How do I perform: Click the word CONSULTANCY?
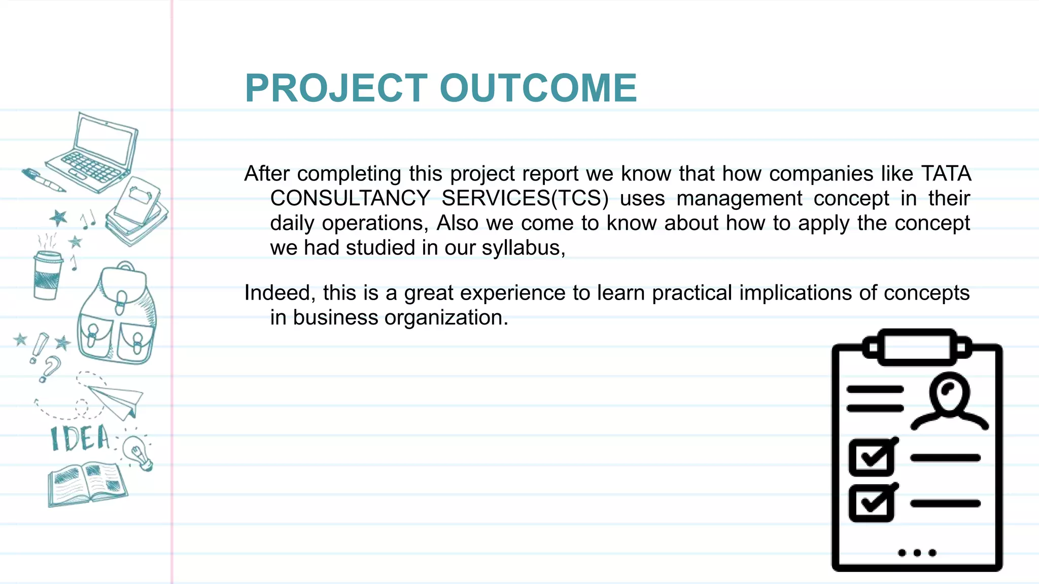(350, 198)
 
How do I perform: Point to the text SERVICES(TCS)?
(525, 198)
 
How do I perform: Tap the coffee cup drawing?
(47, 274)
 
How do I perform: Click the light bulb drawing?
(138, 452)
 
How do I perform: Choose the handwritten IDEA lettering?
(80, 439)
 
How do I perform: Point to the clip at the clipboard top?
(917, 347)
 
